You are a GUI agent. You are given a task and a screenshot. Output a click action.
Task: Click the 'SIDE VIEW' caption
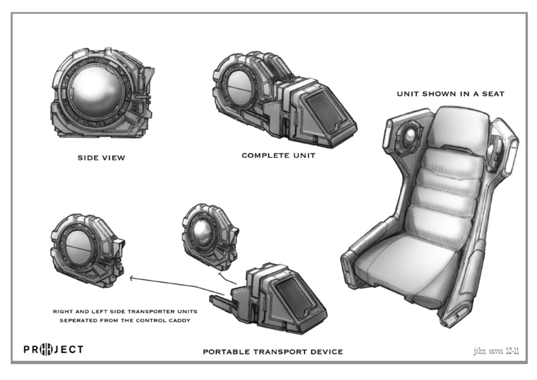pyautogui.click(x=101, y=158)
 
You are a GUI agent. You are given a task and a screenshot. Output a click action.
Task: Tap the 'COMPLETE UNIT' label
pyautogui.click(x=278, y=156)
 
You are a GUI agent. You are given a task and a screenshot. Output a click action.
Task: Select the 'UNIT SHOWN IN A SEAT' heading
pyautogui.click(x=451, y=94)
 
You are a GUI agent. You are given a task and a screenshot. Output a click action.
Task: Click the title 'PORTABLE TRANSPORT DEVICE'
pyautogui.click(x=273, y=351)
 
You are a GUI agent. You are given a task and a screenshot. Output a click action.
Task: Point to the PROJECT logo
pyautogui.click(x=53, y=350)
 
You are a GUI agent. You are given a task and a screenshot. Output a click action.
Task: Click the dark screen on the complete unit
pyautogui.click(x=325, y=111)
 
